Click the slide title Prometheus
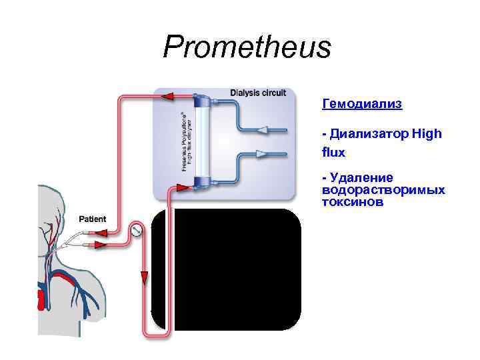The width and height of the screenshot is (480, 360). (x=247, y=47)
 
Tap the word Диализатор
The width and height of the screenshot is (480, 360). (x=369, y=134)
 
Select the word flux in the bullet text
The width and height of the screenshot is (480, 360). (x=333, y=152)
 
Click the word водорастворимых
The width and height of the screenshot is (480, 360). (x=383, y=190)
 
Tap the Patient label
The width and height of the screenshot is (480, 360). (x=92, y=219)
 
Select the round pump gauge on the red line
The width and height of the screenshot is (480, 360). (x=137, y=231)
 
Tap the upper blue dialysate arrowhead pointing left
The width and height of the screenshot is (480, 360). (x=263, y=129)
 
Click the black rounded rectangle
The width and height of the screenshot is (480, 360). (x=226, y=269)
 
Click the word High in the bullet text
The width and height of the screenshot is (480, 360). (x=427, y=134)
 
